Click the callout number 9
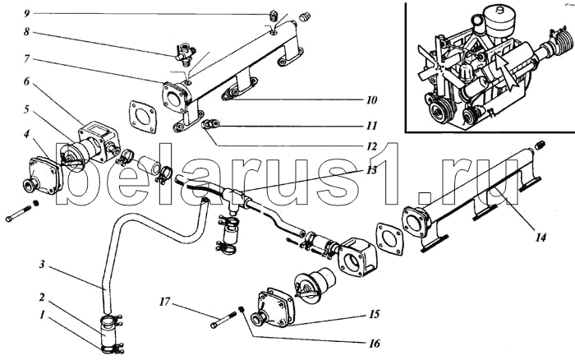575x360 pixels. point(26,14)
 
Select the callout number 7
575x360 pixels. point(26,60)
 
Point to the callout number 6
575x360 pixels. point(26,82)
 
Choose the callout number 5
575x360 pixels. point(26,108)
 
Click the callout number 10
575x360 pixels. point(372,100)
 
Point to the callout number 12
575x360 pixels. point(372,147)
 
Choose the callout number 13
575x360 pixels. point(372,170)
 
